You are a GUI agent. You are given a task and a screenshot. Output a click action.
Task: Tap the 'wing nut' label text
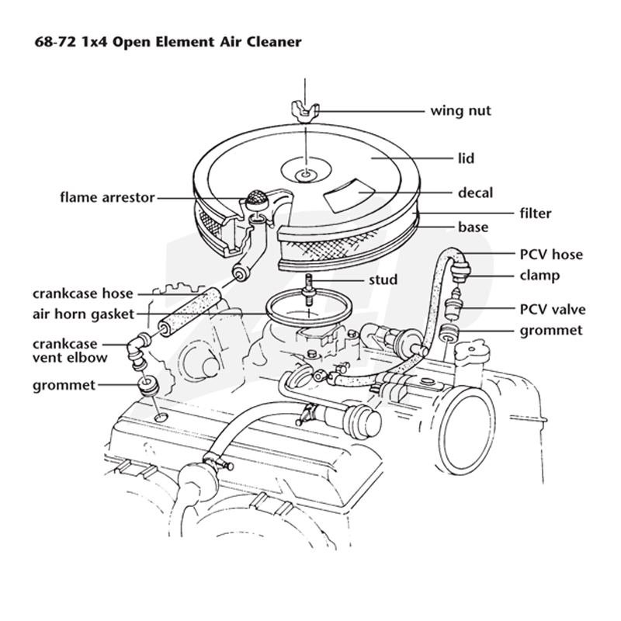[460, 110]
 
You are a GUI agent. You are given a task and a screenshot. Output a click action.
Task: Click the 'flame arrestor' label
[107, 197]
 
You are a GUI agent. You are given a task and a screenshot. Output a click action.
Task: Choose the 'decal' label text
[475, 193]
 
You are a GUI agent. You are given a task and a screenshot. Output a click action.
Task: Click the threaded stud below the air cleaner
[308, 290]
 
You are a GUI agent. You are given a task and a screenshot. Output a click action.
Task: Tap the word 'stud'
[383, 279]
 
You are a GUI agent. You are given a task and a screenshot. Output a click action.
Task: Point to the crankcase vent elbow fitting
[137, 349]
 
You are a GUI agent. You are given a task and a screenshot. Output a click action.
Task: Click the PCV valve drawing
[453, 304]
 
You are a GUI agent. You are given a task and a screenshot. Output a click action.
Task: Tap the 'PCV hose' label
[551, 255]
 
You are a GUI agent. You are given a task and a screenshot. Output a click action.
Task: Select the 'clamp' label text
[539, 276]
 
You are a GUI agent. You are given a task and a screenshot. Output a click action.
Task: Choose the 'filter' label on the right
[536, 213]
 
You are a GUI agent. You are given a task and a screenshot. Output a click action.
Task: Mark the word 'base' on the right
[473, 227]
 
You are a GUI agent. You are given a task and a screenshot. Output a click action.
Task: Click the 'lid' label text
[467, 158]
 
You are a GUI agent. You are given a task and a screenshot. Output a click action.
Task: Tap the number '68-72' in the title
[55, 42]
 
